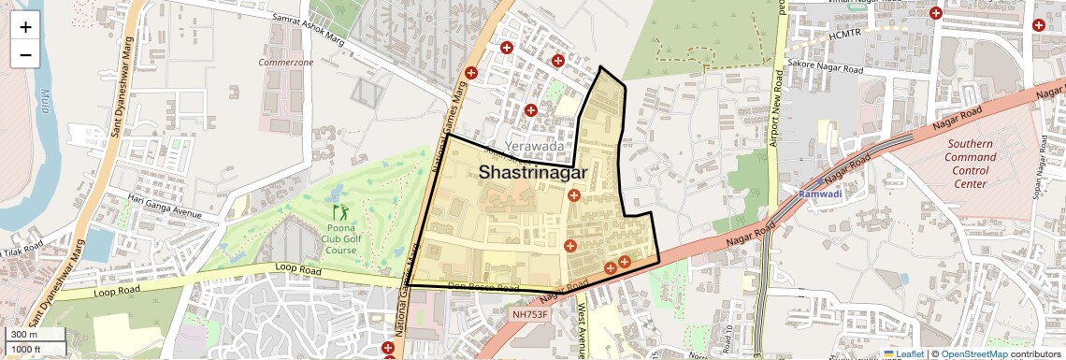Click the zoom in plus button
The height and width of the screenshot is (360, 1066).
[25, 27]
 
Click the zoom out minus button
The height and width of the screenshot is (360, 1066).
[25, 55]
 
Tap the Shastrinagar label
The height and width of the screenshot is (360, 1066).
[532, 172]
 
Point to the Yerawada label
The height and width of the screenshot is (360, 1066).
[534, 147]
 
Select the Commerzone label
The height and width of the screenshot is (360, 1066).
[286, 62]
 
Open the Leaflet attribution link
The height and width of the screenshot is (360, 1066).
[903, 353]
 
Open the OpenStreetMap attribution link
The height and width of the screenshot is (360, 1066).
[973, 353]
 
